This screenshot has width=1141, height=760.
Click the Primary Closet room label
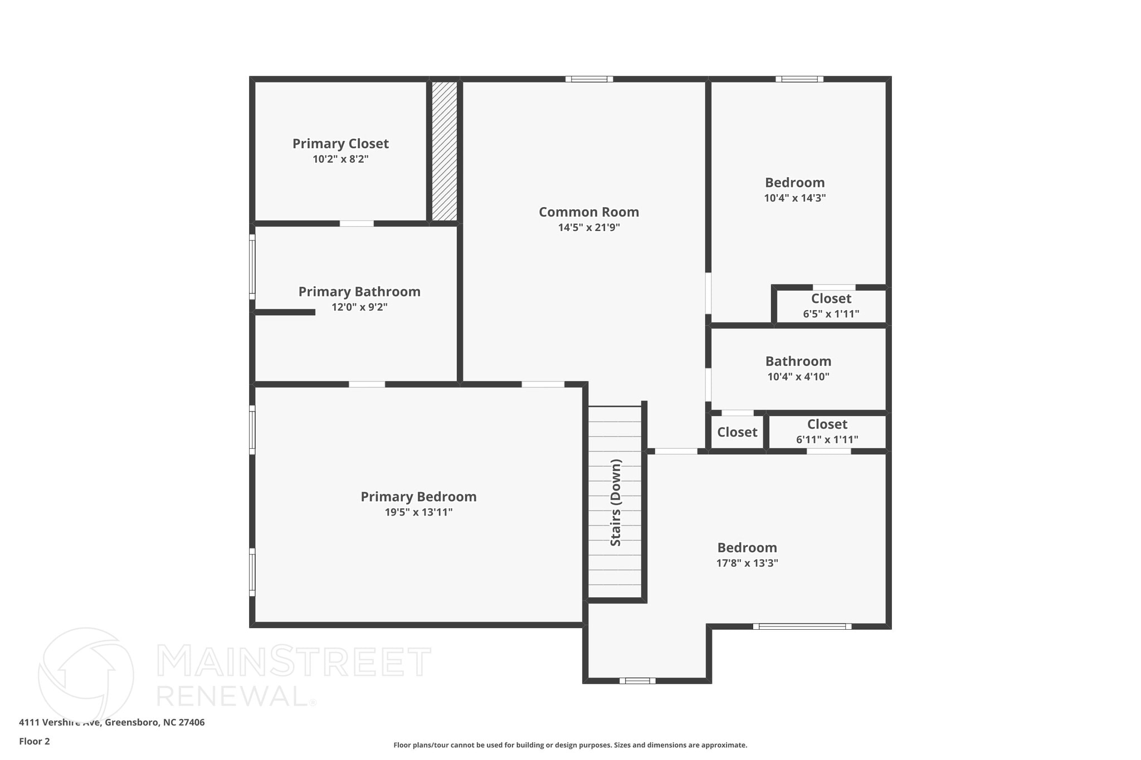tap(340, 144)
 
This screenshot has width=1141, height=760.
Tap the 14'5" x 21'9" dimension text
tap(589, 228)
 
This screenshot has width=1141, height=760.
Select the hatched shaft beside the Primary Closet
tap(445, 151)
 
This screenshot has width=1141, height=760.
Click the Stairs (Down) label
tap(616, 502)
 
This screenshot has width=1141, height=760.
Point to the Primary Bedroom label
tap(418, 497)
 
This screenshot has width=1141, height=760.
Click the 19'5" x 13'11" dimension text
tap(418, 512)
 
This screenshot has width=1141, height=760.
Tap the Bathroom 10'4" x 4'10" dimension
tap(798, 377)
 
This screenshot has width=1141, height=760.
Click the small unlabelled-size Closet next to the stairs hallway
tap(737, 432)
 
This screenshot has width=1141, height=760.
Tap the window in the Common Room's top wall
tap(589, 79)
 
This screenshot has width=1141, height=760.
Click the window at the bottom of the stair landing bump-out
tap(637, 680)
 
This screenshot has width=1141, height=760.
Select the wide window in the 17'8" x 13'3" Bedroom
tap(802, 626)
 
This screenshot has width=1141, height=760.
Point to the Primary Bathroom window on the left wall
tap(252, 267)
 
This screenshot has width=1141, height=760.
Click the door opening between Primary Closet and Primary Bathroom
tap(357, 223)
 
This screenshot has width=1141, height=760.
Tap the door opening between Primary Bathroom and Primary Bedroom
tap(367, 384)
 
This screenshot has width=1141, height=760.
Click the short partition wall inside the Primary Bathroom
tap(285, 312)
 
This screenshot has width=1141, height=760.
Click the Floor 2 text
tap(35, 742)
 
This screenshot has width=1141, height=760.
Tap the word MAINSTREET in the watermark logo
tap(294, 662)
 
